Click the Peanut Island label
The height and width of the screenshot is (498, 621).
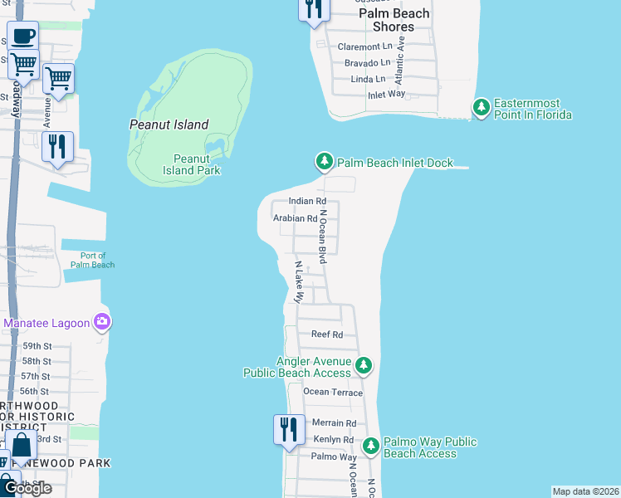click(169, 124)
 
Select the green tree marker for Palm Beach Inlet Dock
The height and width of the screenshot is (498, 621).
click(324, 161)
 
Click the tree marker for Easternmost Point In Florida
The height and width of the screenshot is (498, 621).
click(481, 107)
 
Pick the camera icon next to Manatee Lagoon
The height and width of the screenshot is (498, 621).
click(101, 321)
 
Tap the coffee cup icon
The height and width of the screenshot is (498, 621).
click(22, 37)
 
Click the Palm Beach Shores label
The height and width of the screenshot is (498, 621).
click(394, 20)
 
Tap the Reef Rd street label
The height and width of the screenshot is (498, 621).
click(326, 334)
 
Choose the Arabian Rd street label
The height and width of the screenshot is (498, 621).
click(295, 219)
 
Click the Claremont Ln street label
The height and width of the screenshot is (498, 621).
click(364, 46)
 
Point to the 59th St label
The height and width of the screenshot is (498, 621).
click(37, 346)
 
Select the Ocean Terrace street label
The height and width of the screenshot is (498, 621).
click(333, 392)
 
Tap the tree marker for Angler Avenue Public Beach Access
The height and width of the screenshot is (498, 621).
click(363, 365)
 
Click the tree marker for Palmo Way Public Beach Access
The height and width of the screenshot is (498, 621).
click(370, 446)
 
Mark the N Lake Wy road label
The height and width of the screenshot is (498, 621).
click(301, 282)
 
